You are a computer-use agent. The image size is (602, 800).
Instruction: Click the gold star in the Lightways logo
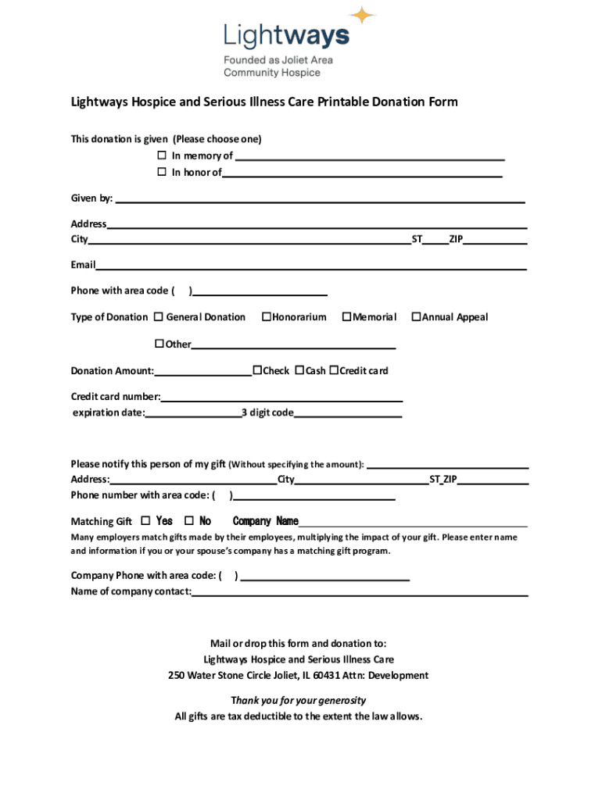click(x=362, y=16)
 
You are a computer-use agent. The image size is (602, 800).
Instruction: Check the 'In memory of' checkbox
click(x=162, y=155)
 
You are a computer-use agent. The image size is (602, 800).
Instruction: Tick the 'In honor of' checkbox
click(x=162, y=172)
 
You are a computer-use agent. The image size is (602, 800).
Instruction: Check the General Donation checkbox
click(x=158, y=317)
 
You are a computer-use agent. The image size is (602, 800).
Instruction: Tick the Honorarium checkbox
click(x=266, y=317)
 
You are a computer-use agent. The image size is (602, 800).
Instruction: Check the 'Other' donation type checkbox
click(x=159, y=344)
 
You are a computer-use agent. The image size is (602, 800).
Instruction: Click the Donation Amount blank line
click(x=202, y=375)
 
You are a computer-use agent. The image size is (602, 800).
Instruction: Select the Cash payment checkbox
click(x=299, y=370)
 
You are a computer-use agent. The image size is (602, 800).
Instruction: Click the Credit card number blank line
click(x=281, y=401)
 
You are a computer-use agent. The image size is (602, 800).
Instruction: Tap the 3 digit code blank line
click(x=348, y=417)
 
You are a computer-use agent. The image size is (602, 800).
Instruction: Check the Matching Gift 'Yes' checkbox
click(x=145, y=521)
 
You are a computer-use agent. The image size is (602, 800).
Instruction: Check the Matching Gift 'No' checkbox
click(x=188, y=521)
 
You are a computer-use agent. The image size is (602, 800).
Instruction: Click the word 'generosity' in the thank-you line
click(x=335, y=700)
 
